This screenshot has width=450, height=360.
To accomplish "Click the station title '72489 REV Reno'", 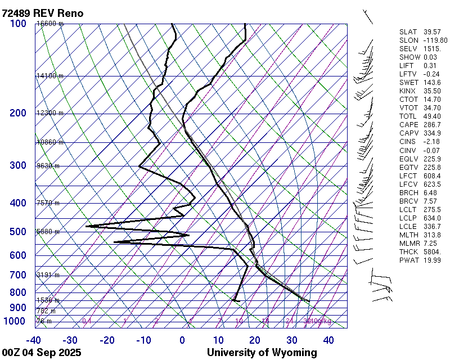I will (x=43, y=12).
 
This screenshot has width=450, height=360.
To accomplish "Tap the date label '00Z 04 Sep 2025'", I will (x=42, y=353).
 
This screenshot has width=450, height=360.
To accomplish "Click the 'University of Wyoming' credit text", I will (x=262, y=353).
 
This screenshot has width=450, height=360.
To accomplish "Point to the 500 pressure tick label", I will (x=18, y=232).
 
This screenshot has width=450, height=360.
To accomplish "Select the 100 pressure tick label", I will (x=18, y=24).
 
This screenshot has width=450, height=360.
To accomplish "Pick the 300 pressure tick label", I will (x=18, y=165).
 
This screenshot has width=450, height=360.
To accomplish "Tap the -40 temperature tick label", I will (x=34, y=340).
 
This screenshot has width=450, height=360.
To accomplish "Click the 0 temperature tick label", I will (x=182, y=340).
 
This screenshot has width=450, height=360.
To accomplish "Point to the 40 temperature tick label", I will (x=328, y=340).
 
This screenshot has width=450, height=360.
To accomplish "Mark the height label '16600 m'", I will (x=49, y=24).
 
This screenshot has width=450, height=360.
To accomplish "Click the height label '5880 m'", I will (x=48, y=232).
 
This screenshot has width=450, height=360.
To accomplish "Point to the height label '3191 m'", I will (x=48, y=275).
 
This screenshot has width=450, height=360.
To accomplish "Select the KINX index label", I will (x=408, y=91).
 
